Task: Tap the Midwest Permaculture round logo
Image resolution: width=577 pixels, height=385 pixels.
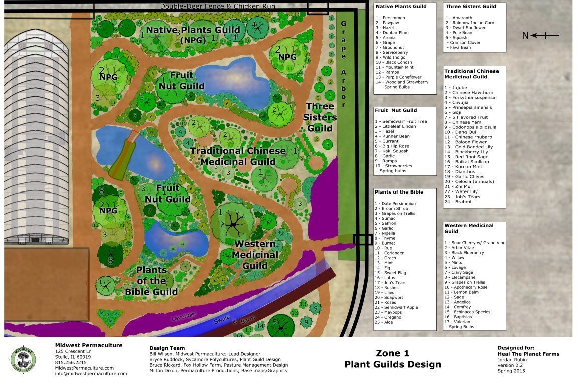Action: click(x=23, y=359)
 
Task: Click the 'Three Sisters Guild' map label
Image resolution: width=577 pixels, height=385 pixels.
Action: click(x=321, y=117)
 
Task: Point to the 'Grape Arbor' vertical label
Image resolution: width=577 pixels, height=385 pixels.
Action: click(x=343, y=65)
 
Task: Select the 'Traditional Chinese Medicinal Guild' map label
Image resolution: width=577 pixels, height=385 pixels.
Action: click(x=238, y=156)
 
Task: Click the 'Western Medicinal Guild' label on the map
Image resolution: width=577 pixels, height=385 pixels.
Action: click(x=255, y=255)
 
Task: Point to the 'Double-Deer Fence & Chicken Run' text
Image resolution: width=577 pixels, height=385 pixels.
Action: click(x=218, y=6)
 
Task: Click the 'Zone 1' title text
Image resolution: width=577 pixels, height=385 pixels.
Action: click(x=392, y=353)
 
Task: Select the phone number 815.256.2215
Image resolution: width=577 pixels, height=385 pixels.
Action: click(x=71, y=362)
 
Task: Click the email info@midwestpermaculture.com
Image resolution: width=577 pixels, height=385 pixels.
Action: click(x=91, y=373)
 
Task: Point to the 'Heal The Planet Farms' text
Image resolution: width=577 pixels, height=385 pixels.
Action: click(x=528, y=354)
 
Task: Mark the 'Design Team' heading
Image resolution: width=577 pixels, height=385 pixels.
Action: click(x=167, y=348)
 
